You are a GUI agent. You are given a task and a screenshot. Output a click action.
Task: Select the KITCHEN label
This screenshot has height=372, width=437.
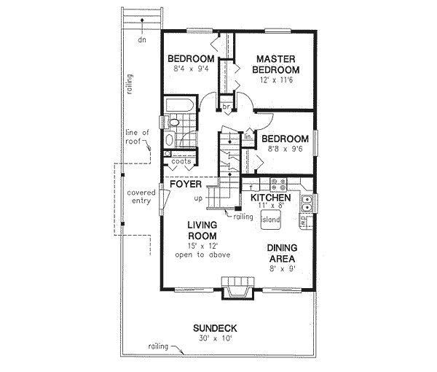tap(271, 198)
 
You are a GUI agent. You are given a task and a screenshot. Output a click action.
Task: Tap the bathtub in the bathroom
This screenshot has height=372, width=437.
tap(178, 106)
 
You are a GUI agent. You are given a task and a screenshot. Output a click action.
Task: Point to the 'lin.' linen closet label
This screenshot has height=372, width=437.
tap(248, 136)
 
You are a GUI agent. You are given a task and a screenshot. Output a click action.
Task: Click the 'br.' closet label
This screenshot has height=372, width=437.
tap(227, 106)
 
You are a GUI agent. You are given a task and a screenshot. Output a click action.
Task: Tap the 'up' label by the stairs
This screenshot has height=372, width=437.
tap(198, 198)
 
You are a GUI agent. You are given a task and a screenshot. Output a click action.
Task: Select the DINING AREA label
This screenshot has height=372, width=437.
tap(281, 252)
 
